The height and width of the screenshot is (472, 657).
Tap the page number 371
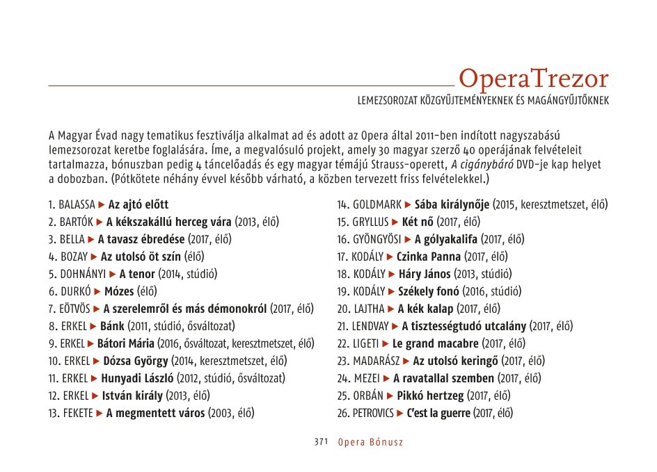coord(321,442)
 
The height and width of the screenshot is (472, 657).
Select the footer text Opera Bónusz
coord(370,442)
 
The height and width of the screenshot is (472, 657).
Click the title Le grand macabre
coord(436,343)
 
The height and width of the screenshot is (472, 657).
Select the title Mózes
coord(119,291)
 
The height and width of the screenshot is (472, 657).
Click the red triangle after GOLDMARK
coord(408,205)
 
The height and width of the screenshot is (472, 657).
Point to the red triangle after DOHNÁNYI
coord(113,274)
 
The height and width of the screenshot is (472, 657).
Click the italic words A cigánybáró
coord(484,165)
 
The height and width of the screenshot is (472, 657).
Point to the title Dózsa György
coord(136,361)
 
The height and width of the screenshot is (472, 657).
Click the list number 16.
coord(342,239)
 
